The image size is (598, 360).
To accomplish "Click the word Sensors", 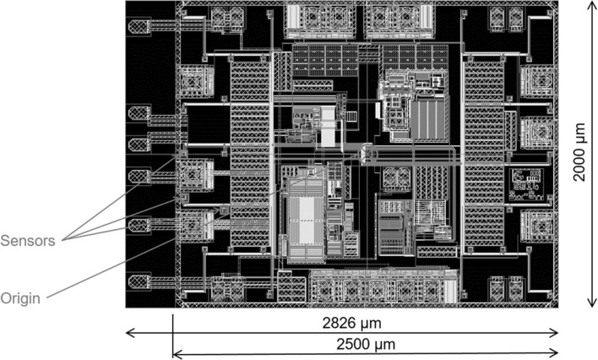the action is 28,241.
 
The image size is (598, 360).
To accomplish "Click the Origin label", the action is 20,298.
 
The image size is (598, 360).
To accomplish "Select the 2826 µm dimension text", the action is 352,324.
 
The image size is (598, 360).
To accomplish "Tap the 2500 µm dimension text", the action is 366,344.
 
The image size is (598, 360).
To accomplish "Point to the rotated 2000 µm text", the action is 579,152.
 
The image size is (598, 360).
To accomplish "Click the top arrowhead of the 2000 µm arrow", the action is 591,4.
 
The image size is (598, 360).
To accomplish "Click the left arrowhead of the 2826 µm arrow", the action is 129,333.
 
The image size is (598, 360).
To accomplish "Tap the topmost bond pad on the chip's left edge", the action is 139,26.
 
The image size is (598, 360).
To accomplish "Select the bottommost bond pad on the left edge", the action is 139,282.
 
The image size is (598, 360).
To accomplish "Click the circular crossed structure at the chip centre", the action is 367,155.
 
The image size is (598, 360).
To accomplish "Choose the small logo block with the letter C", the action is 526,184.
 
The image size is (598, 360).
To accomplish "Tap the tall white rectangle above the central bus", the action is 328,127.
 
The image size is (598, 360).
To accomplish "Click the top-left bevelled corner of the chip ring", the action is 178,5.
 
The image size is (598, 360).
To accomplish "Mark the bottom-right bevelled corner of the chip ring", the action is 554,303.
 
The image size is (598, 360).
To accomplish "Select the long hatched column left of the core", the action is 250,154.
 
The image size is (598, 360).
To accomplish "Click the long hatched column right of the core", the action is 484,154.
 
